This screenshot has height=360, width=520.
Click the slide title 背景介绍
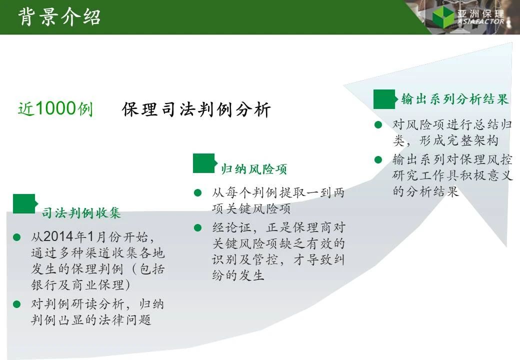[59, 17]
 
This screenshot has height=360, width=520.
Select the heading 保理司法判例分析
[196, 109]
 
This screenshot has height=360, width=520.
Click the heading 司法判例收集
[81, 213]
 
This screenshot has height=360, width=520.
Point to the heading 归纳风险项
[253, 169]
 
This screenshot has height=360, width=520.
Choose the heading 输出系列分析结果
[454, 99]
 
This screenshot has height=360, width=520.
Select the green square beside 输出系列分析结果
[385, 99]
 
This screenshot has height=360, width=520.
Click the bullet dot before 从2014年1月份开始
[16, 237]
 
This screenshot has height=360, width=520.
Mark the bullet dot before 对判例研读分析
[16, 304]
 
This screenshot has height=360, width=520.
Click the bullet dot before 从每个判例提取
[197, 192]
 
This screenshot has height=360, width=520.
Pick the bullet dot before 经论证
[197, 227]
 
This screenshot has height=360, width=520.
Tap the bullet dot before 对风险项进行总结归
[378, 125]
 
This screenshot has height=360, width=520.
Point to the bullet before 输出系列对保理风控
[378, 160]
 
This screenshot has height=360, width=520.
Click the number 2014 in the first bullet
[58, 236]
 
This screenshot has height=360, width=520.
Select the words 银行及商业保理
[77, 285]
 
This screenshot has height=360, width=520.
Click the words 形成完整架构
[458, 140]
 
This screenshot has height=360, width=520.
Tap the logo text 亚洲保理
[480, 13]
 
